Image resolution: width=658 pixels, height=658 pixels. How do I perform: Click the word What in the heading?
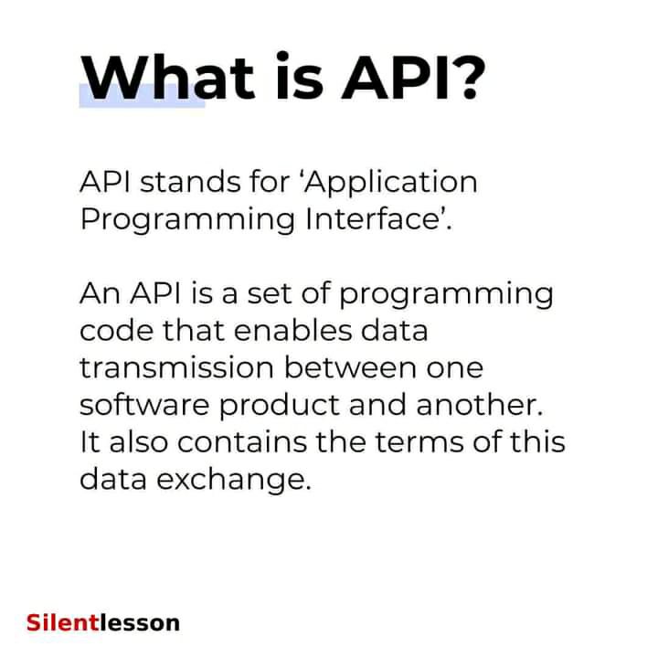(x=167, y=78)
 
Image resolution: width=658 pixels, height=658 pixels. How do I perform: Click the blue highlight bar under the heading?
(x=142, y=96)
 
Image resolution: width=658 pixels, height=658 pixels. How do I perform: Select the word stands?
(x=190, y=182)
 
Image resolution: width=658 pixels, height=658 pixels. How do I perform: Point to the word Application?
(x=391, y=185)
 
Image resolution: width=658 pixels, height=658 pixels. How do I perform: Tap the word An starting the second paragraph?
(x=101, y=293)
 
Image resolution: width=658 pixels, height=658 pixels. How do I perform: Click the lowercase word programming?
(x=446, y=296)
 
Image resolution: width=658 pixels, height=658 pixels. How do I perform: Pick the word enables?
(x=292, y=331)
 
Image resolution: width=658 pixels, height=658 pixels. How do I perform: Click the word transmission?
(x=176, y=367)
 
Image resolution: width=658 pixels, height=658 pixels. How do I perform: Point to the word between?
(x=350, y=367)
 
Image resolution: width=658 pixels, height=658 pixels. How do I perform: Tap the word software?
(x=144, y=405)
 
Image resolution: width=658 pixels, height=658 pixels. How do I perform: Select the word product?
(x=279, y=407)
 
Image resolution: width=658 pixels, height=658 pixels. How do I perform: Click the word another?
(x=480, y=405)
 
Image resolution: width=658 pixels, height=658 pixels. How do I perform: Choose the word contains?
(x=242, y=441)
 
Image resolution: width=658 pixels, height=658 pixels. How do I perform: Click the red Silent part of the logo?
(x=63, y=622)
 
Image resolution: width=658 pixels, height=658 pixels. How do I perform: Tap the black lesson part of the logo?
(x=140, y=622)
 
